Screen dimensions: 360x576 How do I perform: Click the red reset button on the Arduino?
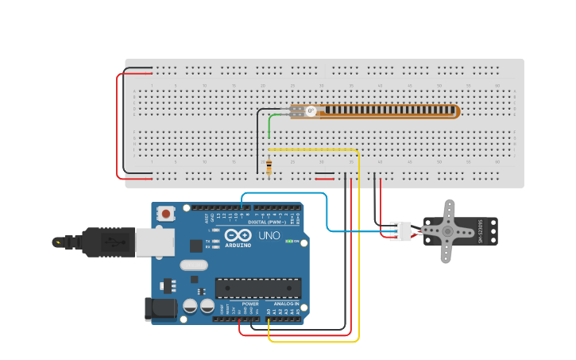click(x=166, y=213)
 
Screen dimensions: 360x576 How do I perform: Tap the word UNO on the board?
click(x=269, y=236)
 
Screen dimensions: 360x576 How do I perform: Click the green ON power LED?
click(x=289, y=241)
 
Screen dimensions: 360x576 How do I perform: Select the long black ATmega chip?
click(x=257, y=288)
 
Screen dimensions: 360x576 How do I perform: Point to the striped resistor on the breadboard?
click(x=269, y=168)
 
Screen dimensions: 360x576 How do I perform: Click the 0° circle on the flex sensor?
click(x=311, y=111)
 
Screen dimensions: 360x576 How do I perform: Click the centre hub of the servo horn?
click(x=446, y=231)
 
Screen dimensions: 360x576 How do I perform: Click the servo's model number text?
click(x=481, y=231)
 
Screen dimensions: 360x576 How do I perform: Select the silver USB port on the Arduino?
click(x=154, y=242)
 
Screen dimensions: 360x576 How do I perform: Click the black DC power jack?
click(x=159, y=308)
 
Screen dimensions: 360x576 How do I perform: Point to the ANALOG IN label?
click(x=286, y=304)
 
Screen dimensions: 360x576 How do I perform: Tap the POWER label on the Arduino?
click(x=250, y=304)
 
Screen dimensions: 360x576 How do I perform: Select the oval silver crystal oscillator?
click(x=193, y=265)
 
